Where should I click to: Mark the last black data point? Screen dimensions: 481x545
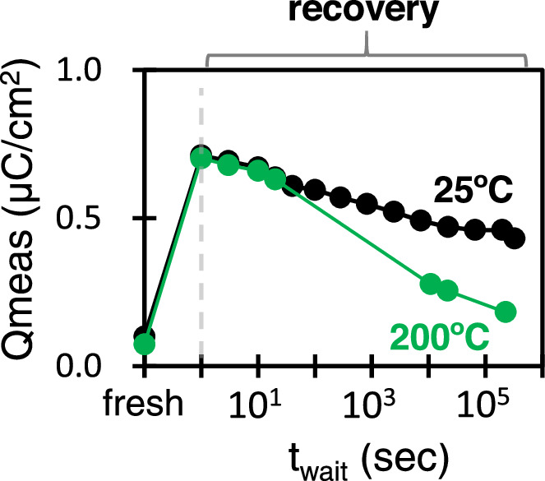click(515, 238)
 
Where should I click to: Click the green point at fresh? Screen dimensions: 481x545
click(145, 344)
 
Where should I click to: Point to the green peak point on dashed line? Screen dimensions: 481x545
click(201, 158)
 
